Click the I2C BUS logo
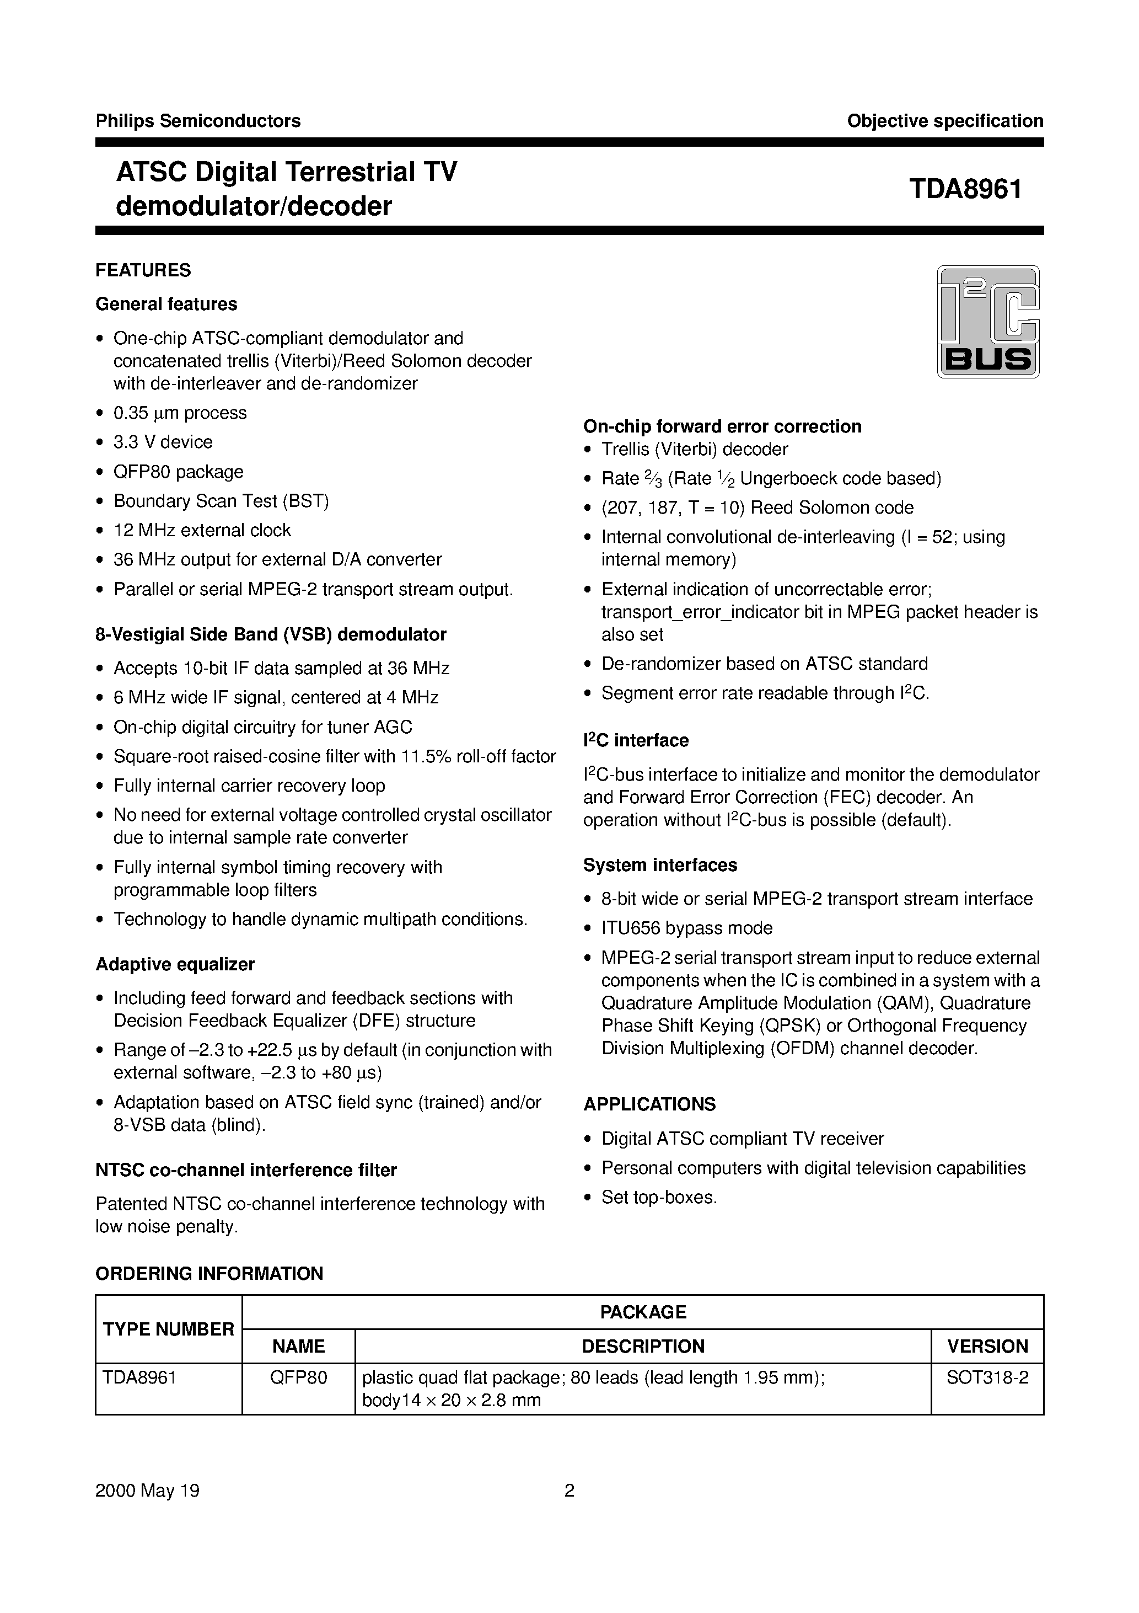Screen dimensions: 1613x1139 coord(988,322)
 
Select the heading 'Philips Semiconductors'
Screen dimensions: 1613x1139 coord(198,121)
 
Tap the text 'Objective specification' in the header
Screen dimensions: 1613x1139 coord(944,121)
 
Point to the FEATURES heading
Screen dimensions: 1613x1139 coord(143,270)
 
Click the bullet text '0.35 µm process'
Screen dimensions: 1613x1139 coord(180,413)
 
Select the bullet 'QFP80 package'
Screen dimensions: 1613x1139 coord(179,472)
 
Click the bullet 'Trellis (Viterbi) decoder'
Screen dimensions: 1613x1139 coord(695,449)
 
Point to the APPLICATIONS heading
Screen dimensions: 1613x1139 coord(649,1104)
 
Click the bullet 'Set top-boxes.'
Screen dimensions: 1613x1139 coord(659,1197)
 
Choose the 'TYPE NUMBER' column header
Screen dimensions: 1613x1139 coord(169,1329)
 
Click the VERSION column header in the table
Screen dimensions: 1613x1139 coord(987,1346)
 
